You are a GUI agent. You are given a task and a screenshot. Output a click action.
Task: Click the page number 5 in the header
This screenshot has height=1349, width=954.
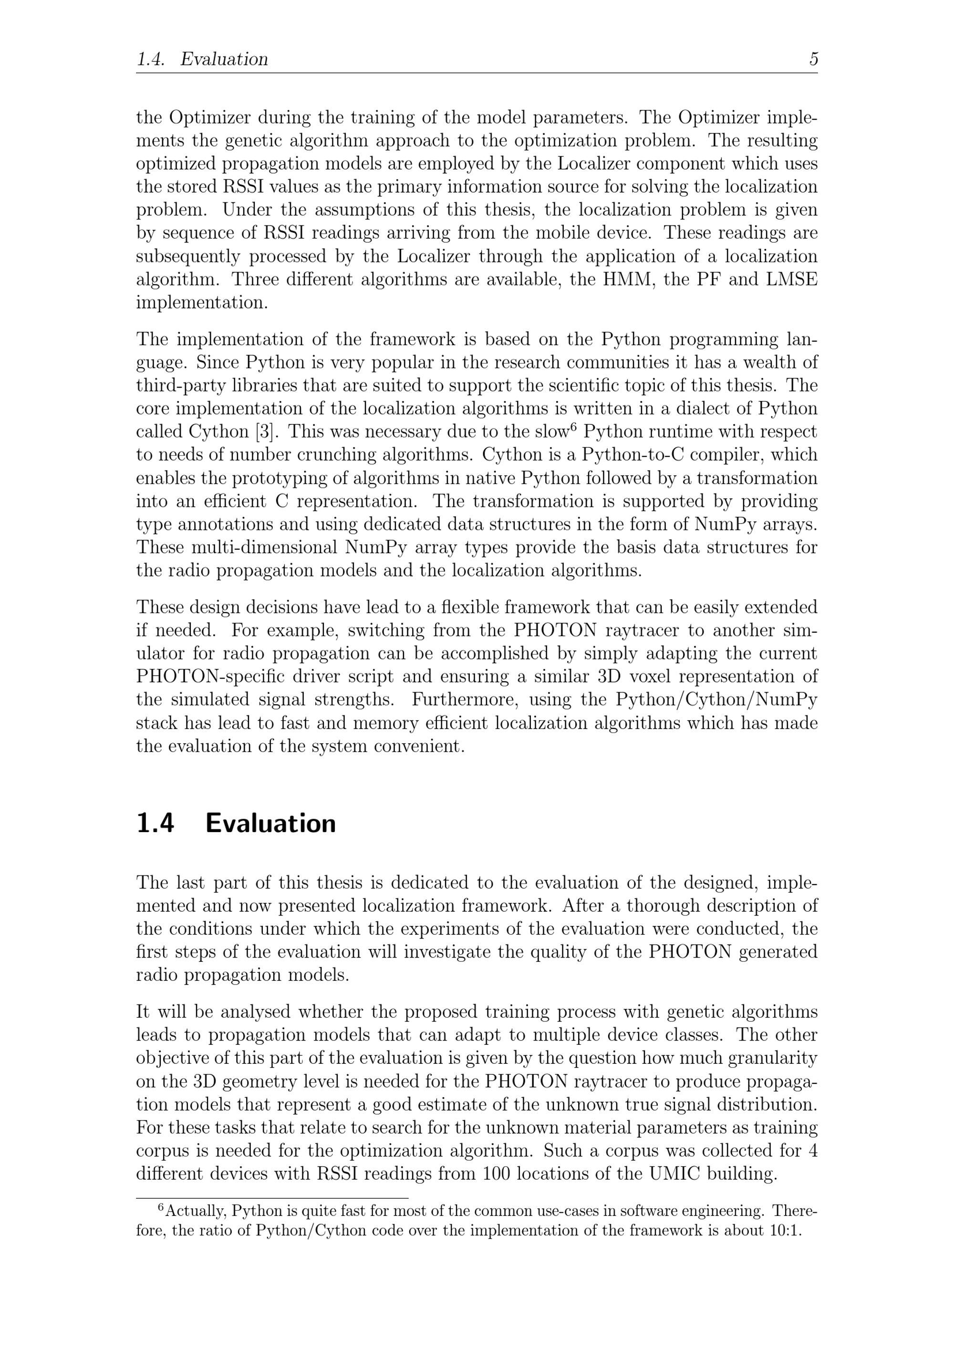pyautogui.click(x=813, y=59)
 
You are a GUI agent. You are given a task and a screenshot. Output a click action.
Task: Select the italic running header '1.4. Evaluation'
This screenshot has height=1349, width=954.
pyautogui.click(x=202, y=59)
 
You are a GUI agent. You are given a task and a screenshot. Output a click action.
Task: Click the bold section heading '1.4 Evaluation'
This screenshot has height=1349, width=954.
pyautogui.click(x=236, y=823)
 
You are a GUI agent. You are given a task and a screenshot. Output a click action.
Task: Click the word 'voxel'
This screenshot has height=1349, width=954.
pyautogui.click(x=648, y=676)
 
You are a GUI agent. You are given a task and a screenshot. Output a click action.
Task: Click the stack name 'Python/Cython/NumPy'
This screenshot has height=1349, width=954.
pyautogui.click(x=716, y=699)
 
